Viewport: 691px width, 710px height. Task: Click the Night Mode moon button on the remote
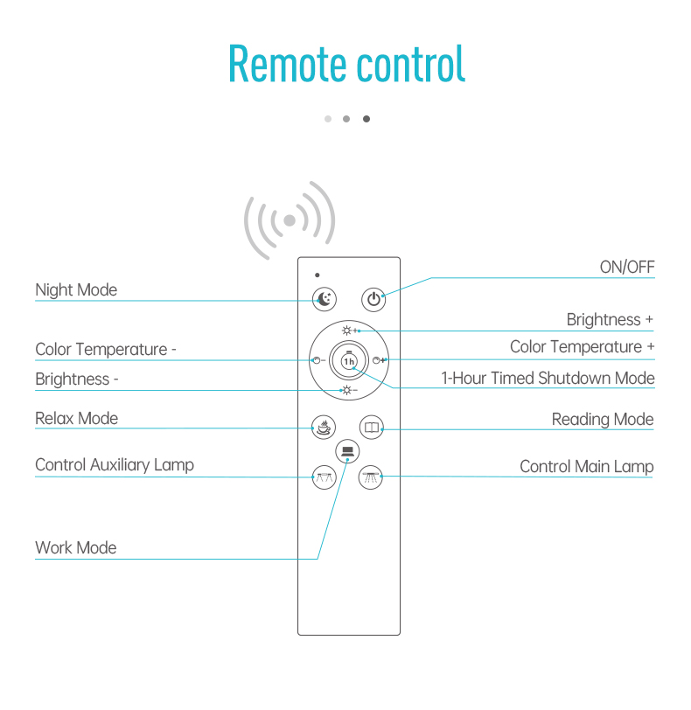click(325, 299)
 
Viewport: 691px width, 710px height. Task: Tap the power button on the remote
click(373, 299)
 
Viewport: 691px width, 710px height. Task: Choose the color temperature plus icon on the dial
click(379, 360)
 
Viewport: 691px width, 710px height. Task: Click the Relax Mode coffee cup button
click(324, 427)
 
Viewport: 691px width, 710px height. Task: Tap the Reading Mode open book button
click(372, 427)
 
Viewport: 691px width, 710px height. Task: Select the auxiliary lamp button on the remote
click(325, 477)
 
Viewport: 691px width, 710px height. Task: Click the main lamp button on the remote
click(370, 477)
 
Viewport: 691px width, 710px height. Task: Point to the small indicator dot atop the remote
click(318, 275)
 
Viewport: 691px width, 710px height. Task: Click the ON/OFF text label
click(627, 268)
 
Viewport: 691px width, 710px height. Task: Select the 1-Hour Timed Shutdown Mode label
click(548, 378)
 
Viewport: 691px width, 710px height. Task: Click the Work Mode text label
click(76, 548)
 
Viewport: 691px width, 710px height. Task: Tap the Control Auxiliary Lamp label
click(115, 465)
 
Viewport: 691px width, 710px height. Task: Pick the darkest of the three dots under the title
click(366, 119)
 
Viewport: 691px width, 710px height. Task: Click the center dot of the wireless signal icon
click(290, 220)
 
